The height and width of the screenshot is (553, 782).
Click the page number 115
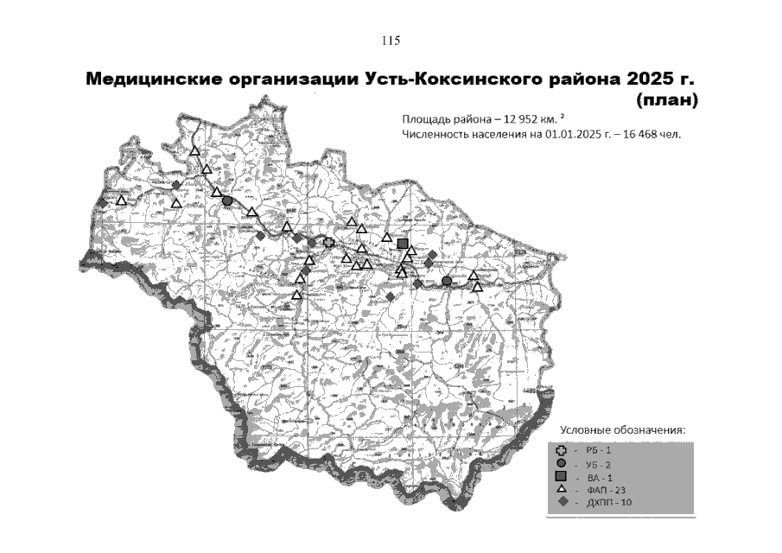[x=390, y=41]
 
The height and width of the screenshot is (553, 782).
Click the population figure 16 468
[x=638, y=135]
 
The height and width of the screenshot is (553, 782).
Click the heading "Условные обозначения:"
[x=622, y=430]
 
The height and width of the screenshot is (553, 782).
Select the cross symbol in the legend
[x=562, y=449]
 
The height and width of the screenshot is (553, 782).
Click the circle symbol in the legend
[x=562, y=463]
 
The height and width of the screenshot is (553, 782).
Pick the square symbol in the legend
[x=562, y=477]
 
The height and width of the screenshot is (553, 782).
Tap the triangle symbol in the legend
[x=562, y=490]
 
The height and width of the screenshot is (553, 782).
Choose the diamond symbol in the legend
[x=562, y=503]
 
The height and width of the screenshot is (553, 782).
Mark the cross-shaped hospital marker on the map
[x=328, y=243]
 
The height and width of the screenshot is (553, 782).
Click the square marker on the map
[x=402, y=243]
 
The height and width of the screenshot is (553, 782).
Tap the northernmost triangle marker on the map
[x=195, y=150]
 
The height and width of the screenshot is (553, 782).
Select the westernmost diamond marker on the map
[x=102, y=202]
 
